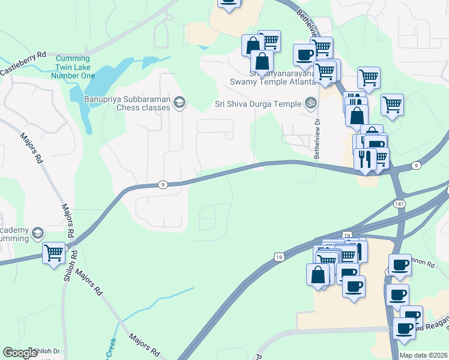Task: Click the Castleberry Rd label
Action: (23, 63)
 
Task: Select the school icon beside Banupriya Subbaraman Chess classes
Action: (178, 104)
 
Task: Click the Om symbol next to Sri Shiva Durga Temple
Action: (310, 103)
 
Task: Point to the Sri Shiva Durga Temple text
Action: (258, 104)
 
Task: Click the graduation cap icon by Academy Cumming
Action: (37, 233)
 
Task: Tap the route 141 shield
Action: (399, 204)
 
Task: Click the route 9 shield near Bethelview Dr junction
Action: (415, 164)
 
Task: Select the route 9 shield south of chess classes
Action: (163, 184)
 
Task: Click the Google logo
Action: (20, 353)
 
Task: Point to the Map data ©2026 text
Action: (423, 355)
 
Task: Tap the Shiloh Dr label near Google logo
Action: (48, 352)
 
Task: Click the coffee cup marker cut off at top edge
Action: (228, 2)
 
